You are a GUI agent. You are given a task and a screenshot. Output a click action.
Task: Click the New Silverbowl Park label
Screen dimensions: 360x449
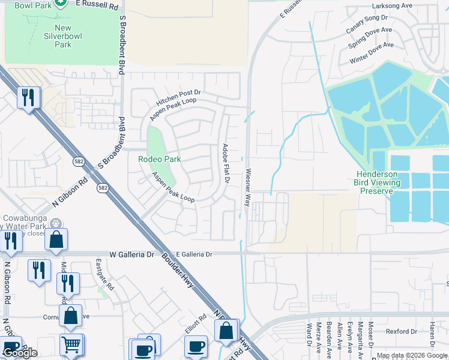click(x=62, y=36)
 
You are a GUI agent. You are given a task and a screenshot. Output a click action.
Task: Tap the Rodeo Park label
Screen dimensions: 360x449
click(x=160, y=159)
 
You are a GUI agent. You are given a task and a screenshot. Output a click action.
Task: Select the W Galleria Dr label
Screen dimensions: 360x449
click(x=132, y=254)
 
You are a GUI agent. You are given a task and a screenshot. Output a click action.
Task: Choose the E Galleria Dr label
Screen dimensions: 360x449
click(x=191, y=254)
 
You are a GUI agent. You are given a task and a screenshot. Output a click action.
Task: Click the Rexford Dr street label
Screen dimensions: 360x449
click(x=401, y=331)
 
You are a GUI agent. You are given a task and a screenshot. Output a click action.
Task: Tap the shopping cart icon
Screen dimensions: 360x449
click(x=71, y=345)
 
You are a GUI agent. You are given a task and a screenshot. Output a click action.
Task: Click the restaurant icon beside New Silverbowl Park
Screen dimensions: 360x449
click(x=28, y=98)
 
